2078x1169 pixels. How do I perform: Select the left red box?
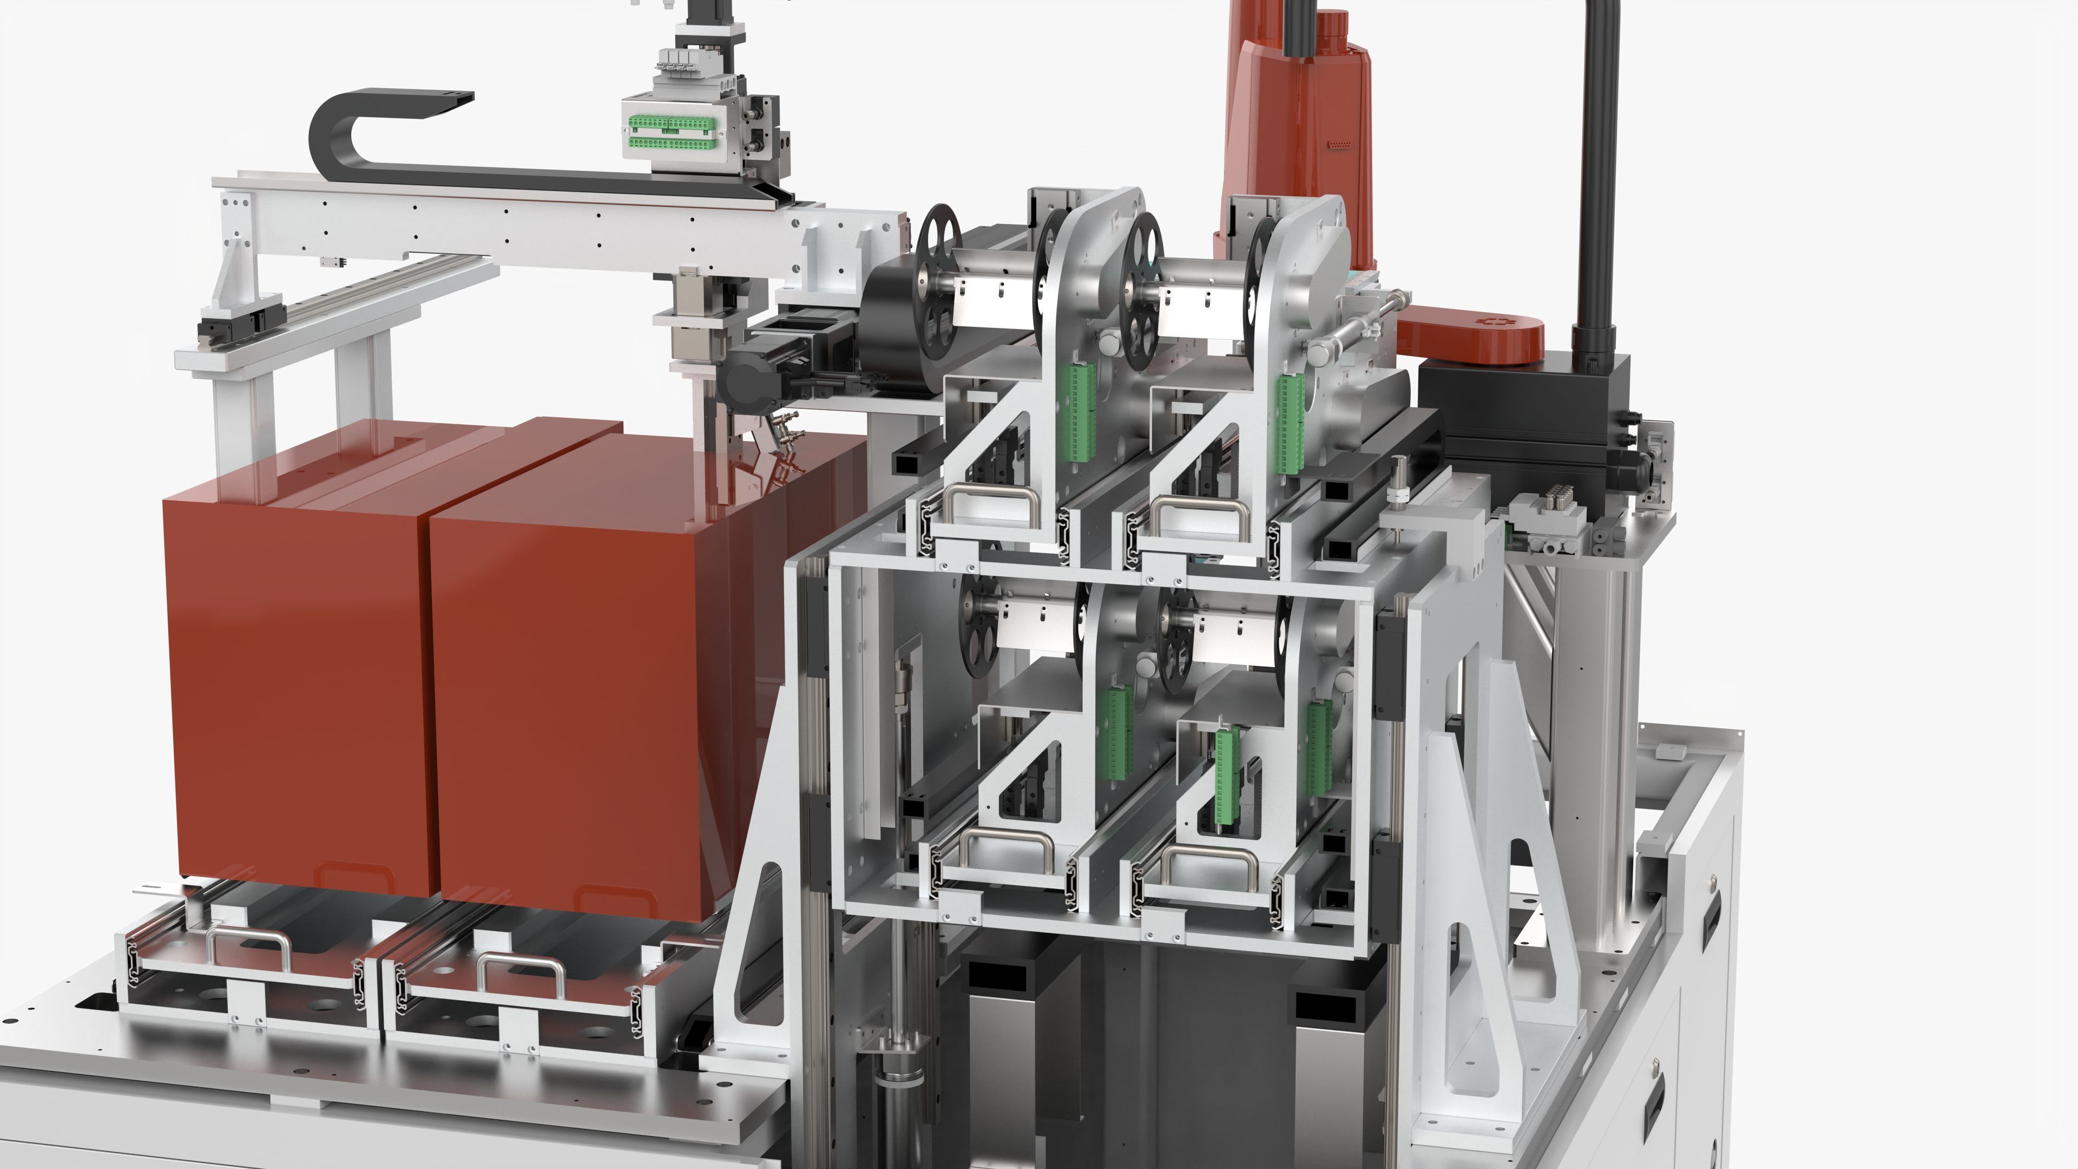pyautogui.click(x=294, y=686)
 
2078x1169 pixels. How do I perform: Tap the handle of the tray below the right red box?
pyautogui.click(x=520, y=964)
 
